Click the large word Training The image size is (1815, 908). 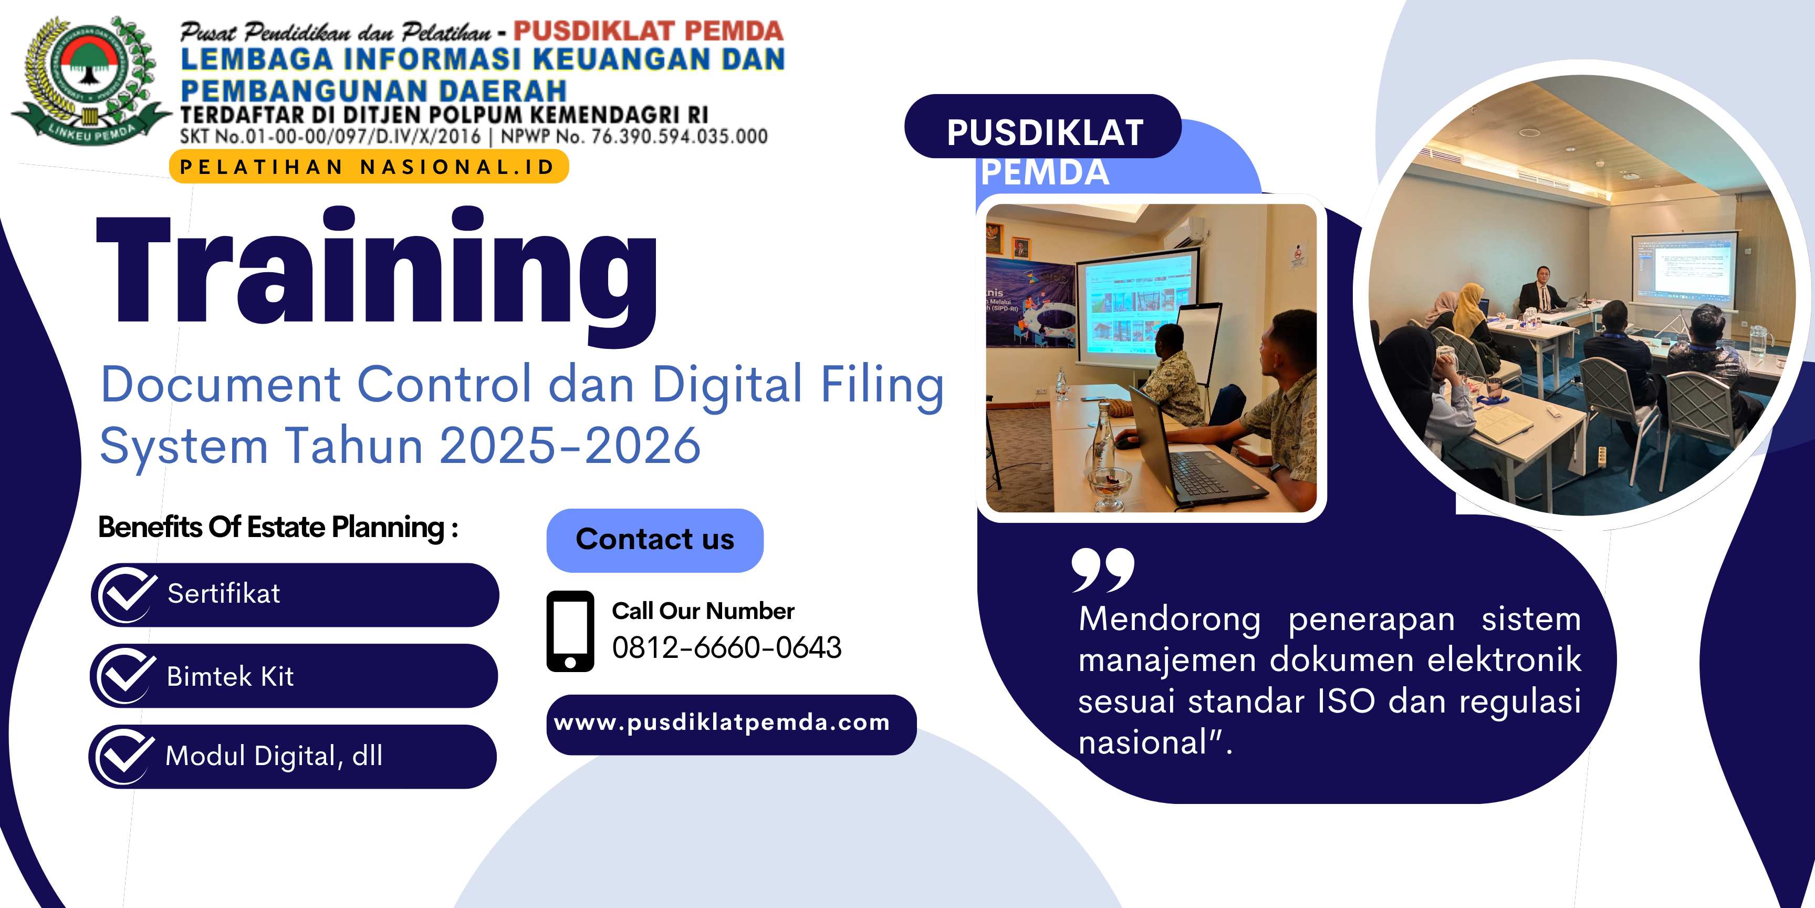click(x=377, y=275)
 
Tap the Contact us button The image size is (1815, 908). click(x=654, y=540)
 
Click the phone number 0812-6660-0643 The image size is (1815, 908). click(x=726, y=647)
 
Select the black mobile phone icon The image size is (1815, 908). click(x=570, y=631)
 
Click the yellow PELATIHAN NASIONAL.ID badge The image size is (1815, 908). click(x=369, y=167)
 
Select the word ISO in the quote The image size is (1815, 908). click(x=1345, y=701)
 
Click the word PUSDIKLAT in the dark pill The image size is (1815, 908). click(x=1045, y=132)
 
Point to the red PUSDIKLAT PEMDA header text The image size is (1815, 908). click(x=648, y=30)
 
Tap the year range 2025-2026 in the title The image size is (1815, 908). click(x=570, y=446)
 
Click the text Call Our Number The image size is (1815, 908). click(x=703, y=611)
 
